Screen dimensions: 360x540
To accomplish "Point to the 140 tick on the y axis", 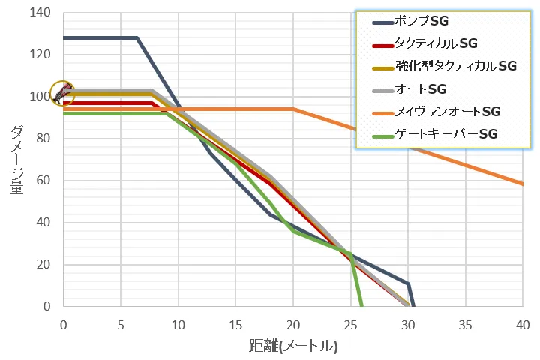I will coord(38,13).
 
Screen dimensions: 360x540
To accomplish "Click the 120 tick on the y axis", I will coord(38,55).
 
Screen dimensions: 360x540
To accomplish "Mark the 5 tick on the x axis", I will coord(121,324).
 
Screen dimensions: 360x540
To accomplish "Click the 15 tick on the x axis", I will coord(235,324).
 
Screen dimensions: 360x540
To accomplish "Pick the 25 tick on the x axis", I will coord(350,324).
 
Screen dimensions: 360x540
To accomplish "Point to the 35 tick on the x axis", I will coord(465,324).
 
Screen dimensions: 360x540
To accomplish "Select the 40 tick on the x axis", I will coord(523,324).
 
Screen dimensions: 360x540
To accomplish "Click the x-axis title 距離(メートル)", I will coord(293,346).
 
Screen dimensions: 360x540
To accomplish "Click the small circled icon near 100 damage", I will coord(62,93).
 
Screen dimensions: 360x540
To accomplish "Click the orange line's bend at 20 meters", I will coord(293,109).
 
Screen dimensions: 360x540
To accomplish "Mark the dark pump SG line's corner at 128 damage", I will coord(137,37).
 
